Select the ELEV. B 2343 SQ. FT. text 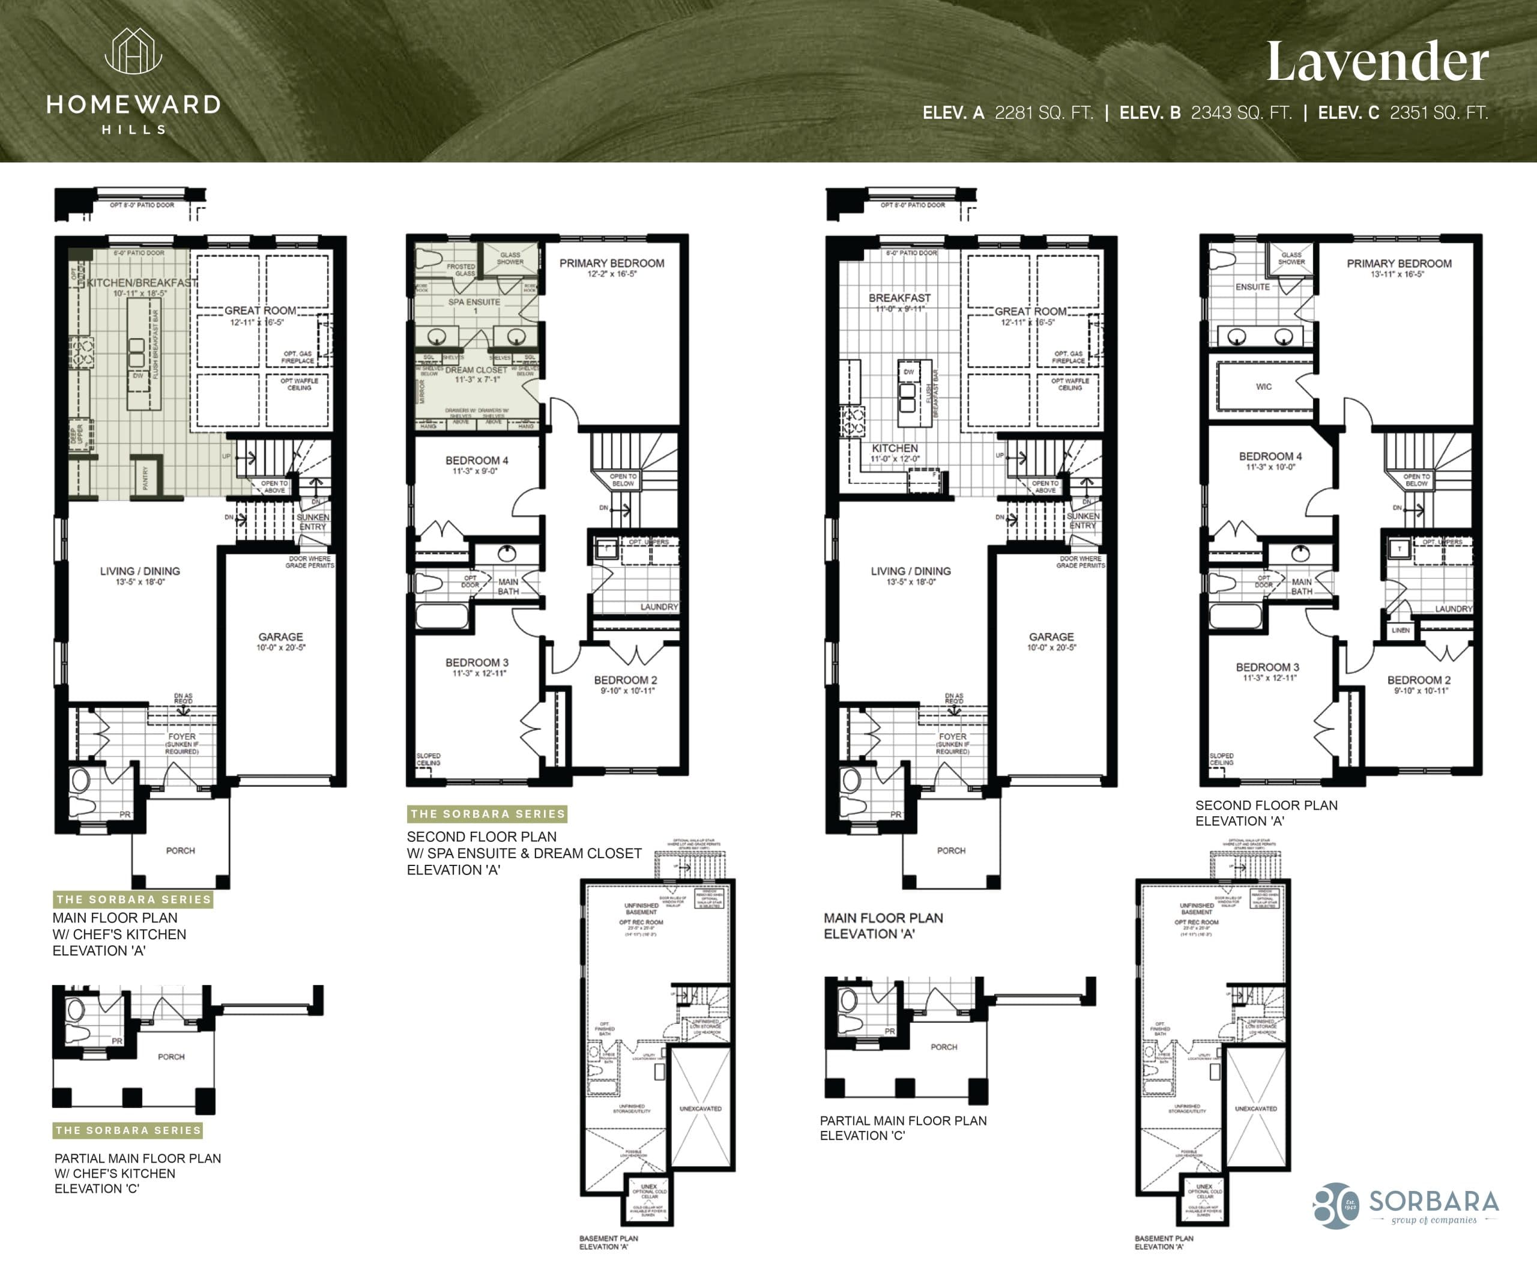click(x=1204, y=113)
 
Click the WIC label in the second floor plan click(x=1264, y=387)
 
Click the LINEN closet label click(x=1400, y=630)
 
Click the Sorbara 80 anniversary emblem click(x=1336, y=1205)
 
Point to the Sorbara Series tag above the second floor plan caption click(x=487, y=814)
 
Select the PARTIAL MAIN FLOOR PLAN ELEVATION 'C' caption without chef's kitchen click(x=902, y=1127)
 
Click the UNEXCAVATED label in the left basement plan click(x=700, y=1109)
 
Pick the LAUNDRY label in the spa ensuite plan click(x=659, y=607)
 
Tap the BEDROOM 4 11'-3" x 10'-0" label click(x=1270, y=460)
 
